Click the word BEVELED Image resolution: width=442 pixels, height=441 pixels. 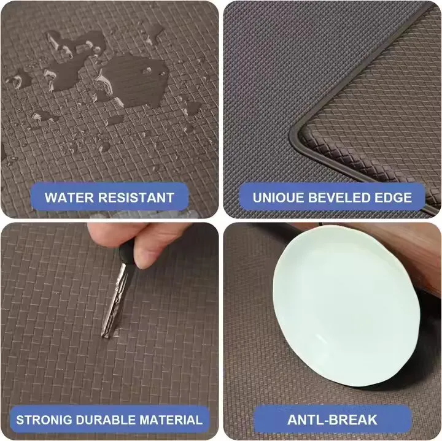click(344, 198)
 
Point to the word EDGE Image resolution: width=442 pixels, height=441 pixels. click(397, 198)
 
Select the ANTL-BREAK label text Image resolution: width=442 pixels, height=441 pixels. click(332, 420)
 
